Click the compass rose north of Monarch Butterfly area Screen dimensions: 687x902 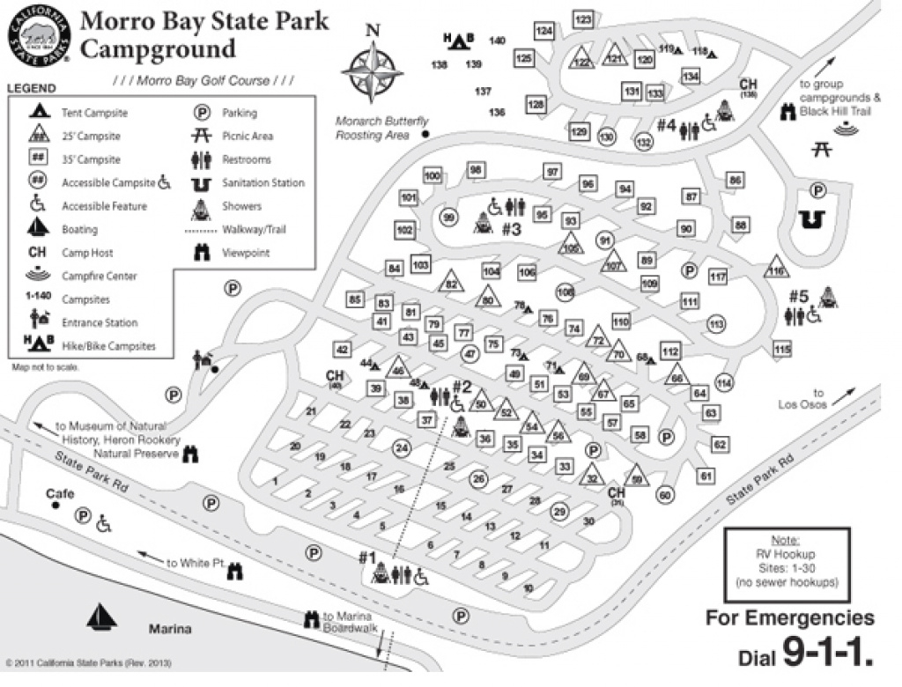tap(373, 68)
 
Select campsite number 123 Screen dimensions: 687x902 tap(582, 18)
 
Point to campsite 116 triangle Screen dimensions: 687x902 tap(775, 269)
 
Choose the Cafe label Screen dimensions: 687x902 tap(61, 495)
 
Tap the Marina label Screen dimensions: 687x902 tap(169, 629)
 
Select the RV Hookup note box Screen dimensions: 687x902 tap(786, 561)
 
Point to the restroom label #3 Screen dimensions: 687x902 tap(512, 229)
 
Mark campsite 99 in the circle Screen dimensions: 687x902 tap(449, 218)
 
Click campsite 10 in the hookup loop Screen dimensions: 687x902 tap(529, 587)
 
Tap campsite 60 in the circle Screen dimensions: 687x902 tap(664, 495)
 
